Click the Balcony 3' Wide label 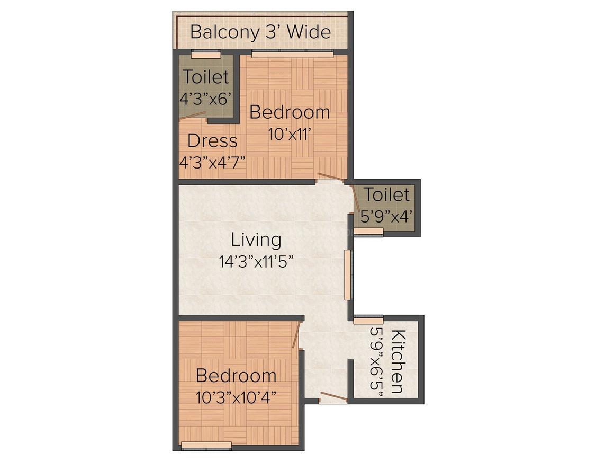click(260, 32)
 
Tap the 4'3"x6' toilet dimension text click(206, 99)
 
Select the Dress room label click(212, 141)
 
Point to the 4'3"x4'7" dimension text click(212, 162)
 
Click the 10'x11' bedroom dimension click(289, 134)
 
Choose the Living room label click(256, 240)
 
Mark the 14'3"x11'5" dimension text click(256, 261)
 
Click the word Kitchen click(398, 361)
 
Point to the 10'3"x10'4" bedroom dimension click(236, 396)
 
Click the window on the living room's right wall click(348, 274)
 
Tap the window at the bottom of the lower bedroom click(206, 445)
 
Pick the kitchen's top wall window click(368, 320)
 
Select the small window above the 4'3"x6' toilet click(206, 54)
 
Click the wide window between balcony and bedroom click(292, 54)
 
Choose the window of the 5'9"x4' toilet click(368, 232)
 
